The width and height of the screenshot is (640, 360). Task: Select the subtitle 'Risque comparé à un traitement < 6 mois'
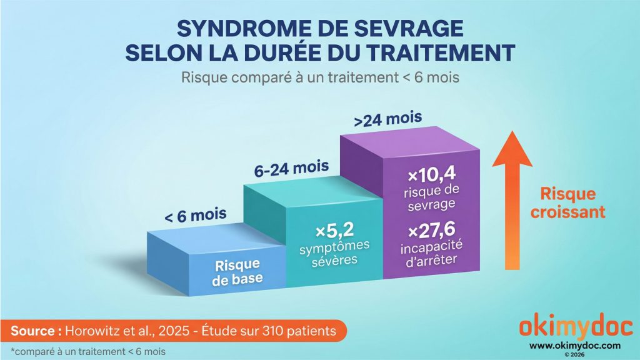pos(319,78)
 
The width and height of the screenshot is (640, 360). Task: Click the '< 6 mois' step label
pos(196,217)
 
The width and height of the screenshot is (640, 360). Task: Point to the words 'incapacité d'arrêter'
pos(431,253)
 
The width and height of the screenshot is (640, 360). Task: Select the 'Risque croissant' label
pos(567,203)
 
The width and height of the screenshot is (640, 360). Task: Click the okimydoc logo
pos(576,328)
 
